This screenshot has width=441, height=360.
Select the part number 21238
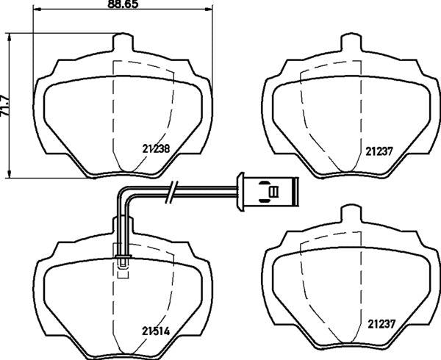[155, 147]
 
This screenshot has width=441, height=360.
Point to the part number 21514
[155, 331]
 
